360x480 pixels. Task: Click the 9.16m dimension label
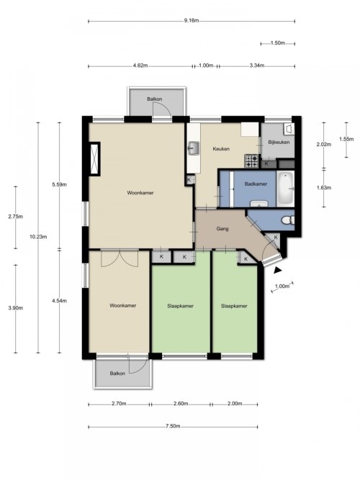[192, 21]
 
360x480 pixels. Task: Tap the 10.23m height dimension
[38, 237]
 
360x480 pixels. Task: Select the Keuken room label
[221, 149]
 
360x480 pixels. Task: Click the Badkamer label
[256, 184]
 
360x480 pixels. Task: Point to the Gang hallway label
[222, 229]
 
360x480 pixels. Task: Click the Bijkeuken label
[279, 142]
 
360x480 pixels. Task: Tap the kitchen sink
[194, 148]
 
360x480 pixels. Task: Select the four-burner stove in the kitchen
[251, 161]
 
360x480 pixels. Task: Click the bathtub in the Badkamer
[285, 189]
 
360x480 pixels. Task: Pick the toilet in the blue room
[288, 220]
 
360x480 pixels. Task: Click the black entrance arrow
[277, 270]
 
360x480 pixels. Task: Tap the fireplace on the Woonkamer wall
[94, 159]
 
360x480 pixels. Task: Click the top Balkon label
[154, 99]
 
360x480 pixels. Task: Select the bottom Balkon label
[117, 373]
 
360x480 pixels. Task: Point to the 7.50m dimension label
[173, 426]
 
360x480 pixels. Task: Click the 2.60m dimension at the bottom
[181, 404]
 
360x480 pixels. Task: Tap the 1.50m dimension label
[278, 43]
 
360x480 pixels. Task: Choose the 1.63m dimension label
[324, 188]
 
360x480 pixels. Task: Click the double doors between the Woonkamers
[120, 258]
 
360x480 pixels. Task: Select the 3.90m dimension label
[16, 308]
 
